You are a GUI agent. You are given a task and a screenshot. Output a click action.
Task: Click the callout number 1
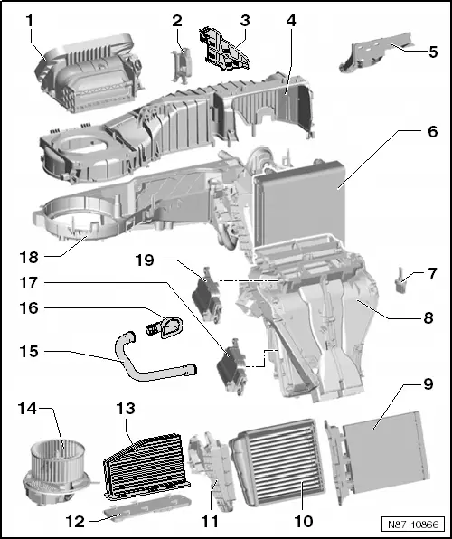click(x=29, y=19)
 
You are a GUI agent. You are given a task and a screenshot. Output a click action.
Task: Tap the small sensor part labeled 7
click(x=400, y=287)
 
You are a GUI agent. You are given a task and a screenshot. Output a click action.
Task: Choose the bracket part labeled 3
click(x=221, y=47)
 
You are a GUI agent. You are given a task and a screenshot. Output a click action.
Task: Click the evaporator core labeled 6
click(x=298, y=203)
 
